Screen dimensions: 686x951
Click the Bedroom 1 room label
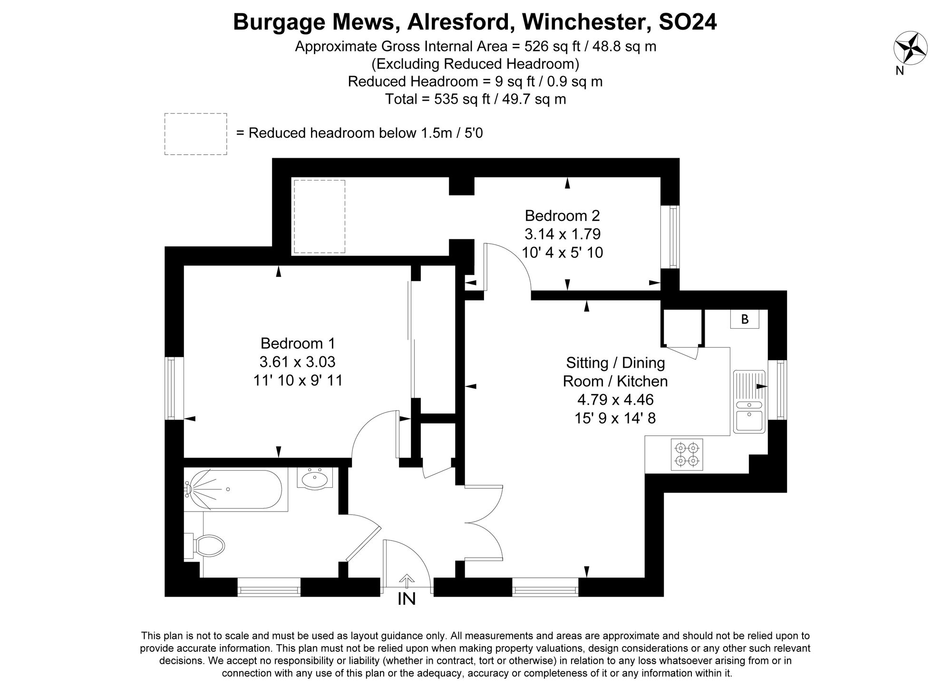[x=298, y=343]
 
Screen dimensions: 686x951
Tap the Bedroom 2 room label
[x=562, y=216]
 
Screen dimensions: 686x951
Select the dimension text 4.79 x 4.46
[x=615, y=400]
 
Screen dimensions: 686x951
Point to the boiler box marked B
[x=745, y=319]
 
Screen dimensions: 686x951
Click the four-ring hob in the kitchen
[x=687, y=454]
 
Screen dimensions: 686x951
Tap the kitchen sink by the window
[x=749, y=402]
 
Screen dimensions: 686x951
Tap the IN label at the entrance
[x=407, y=599]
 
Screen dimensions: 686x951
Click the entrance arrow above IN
[x=407, y=581]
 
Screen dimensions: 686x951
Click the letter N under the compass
[x=900, y=71]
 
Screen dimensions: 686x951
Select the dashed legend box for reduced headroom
[x=195, y=133]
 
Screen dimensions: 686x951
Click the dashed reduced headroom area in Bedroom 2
[x=319, y=216]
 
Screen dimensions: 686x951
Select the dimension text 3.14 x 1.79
[x=563, y=234]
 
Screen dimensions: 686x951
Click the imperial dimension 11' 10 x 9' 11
[x=298, y=381]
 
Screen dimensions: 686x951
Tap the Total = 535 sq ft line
[x=475, y=99]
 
